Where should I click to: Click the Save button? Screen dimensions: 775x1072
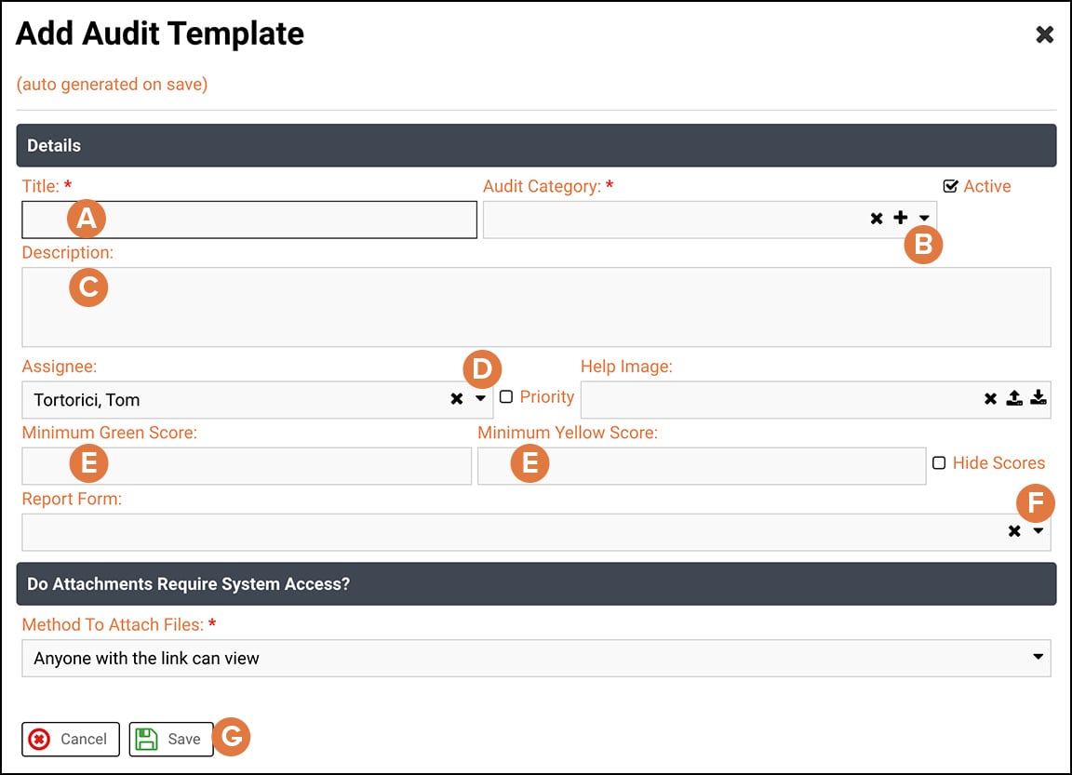(171, 739)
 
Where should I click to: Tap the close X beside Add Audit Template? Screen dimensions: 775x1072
(1045, 35)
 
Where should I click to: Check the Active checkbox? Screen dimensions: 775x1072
(950, 186)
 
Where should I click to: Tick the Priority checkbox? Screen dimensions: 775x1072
(506, 397)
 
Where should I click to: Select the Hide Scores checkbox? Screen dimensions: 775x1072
(939, 463)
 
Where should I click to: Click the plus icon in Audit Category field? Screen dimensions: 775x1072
(900, 218)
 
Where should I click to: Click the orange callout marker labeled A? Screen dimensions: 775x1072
(87, 219)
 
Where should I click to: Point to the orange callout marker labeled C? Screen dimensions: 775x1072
(88, 287)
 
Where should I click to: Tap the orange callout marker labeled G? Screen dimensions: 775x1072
(232, 738)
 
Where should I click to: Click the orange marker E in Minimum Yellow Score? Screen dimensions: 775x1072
(529, 463)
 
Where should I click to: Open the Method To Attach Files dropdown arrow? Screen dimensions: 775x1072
(1038, 657)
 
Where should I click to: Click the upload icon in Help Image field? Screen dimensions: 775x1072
(1015, 398)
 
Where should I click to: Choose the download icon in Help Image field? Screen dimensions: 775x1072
(1038, 398)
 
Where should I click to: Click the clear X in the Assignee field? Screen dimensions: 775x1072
(457, 398)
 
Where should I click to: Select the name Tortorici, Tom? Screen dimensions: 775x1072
(87, 400)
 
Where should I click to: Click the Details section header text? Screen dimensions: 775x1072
(54, 145)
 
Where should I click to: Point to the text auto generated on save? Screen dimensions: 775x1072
(112, 85)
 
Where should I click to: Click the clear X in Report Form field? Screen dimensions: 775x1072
(1014, 531)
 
